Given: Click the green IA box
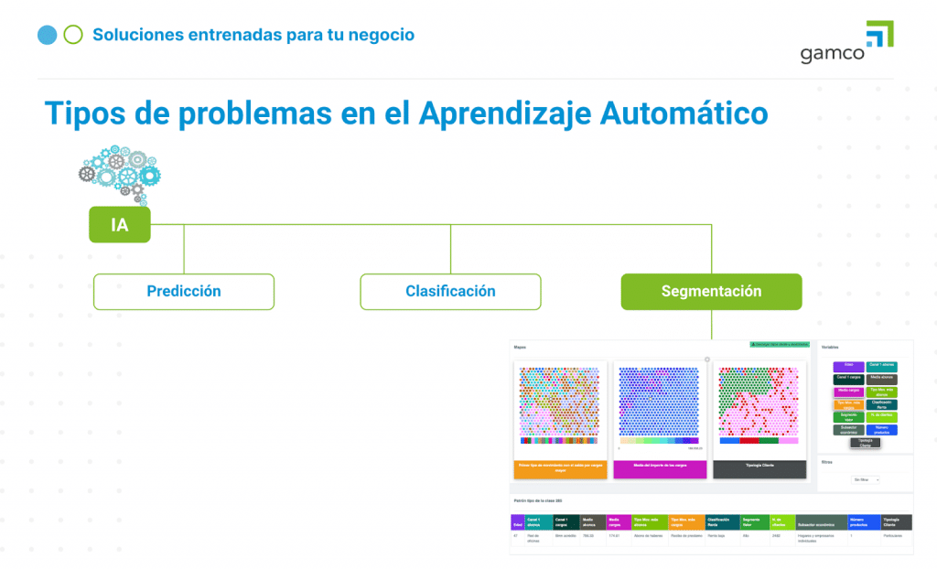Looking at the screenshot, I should [x=119, y=224].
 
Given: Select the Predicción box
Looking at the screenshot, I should [x=184, y=291].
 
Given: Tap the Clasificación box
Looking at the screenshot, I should [x=450, y=291].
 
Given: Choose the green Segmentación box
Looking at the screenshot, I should [x=711, y=291].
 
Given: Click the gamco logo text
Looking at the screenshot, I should [x=832, y=54].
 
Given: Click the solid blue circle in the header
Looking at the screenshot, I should [x=48, y=35].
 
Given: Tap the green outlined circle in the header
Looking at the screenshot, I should [x=73, y=35].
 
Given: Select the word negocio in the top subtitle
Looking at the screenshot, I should [x=374, y=35].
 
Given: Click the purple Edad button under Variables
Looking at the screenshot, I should [x=848, y=366].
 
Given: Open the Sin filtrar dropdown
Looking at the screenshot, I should [x=865, y=479].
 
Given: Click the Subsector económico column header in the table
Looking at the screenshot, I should [x=822, y=522].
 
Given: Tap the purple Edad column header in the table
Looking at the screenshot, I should [x=518, y=522].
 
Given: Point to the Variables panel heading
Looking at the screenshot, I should [x=830, y=348].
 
